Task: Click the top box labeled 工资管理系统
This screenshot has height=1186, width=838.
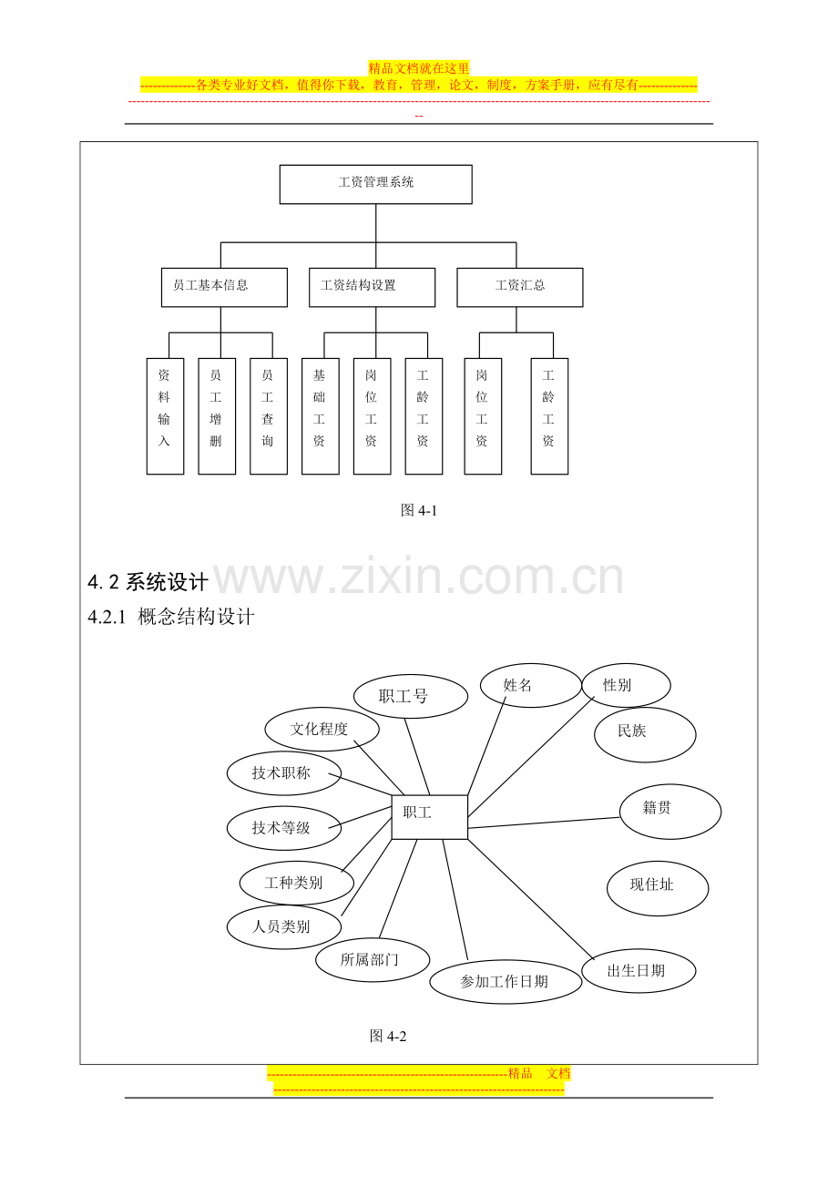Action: click(x=375, y=184)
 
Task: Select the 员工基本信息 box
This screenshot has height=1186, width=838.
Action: click(x=224, y=287)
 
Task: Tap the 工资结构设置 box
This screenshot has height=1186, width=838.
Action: click(x=373, y=287)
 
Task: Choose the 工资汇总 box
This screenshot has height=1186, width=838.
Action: click(x=520, y=287)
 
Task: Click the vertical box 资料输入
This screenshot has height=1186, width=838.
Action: click(x=165, y=416)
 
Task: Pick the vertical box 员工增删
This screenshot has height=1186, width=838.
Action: click(x=217, y=416)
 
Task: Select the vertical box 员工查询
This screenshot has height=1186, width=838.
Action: click(x=269, y=416)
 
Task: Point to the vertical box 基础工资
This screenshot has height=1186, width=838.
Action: click(x=321, y=416)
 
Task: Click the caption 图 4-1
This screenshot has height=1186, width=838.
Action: click(x=419, y=510)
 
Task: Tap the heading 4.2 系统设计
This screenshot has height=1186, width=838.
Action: click(x=148, y=582)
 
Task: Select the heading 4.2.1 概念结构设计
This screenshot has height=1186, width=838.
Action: click(x=170, y=617)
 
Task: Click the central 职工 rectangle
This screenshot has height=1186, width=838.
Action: click(x=429, y=817)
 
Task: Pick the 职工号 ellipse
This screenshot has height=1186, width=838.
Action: click(x=410, y=696)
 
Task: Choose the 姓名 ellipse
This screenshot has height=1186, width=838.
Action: click(x=531, y=685)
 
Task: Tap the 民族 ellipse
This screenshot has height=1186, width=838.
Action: click(x=645, y=734)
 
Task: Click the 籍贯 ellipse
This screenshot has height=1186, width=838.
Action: click(x=670, y=812)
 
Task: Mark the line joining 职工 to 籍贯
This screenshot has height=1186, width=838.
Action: click(x=544, y=823)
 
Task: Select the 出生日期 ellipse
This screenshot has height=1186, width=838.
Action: click(x=639, y=970)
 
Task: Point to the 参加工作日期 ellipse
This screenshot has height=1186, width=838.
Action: click(x=506, y=982)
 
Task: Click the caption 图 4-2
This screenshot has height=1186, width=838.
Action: click(x=388, y=1037)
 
